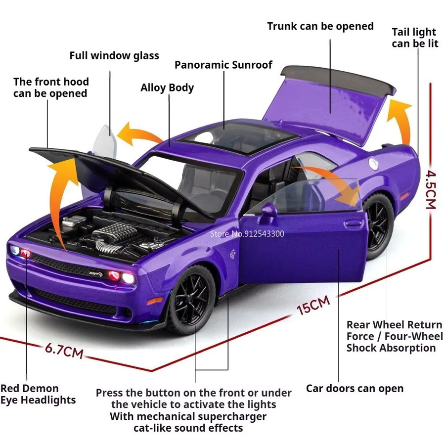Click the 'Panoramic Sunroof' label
[x=223, y=65]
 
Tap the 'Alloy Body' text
[x=167, y=88]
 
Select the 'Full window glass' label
[x=114, y=55]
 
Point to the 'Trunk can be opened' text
[x=320, y=26]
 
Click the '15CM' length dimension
[x=313, y=305]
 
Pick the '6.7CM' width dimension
[x=64, y=350]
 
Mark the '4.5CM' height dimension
[x=431, y=190]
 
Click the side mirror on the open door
[x=267, y=212]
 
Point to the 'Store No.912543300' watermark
[x=247, y=233]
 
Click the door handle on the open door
[x=355, y=222]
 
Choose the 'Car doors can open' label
[x=355, y=388]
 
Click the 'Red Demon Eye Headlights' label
[x=38, y=394]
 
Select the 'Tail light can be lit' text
[x=415, y=38]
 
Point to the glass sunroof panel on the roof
[x=238, y=138]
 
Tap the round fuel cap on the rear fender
[x=374, y=164]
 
